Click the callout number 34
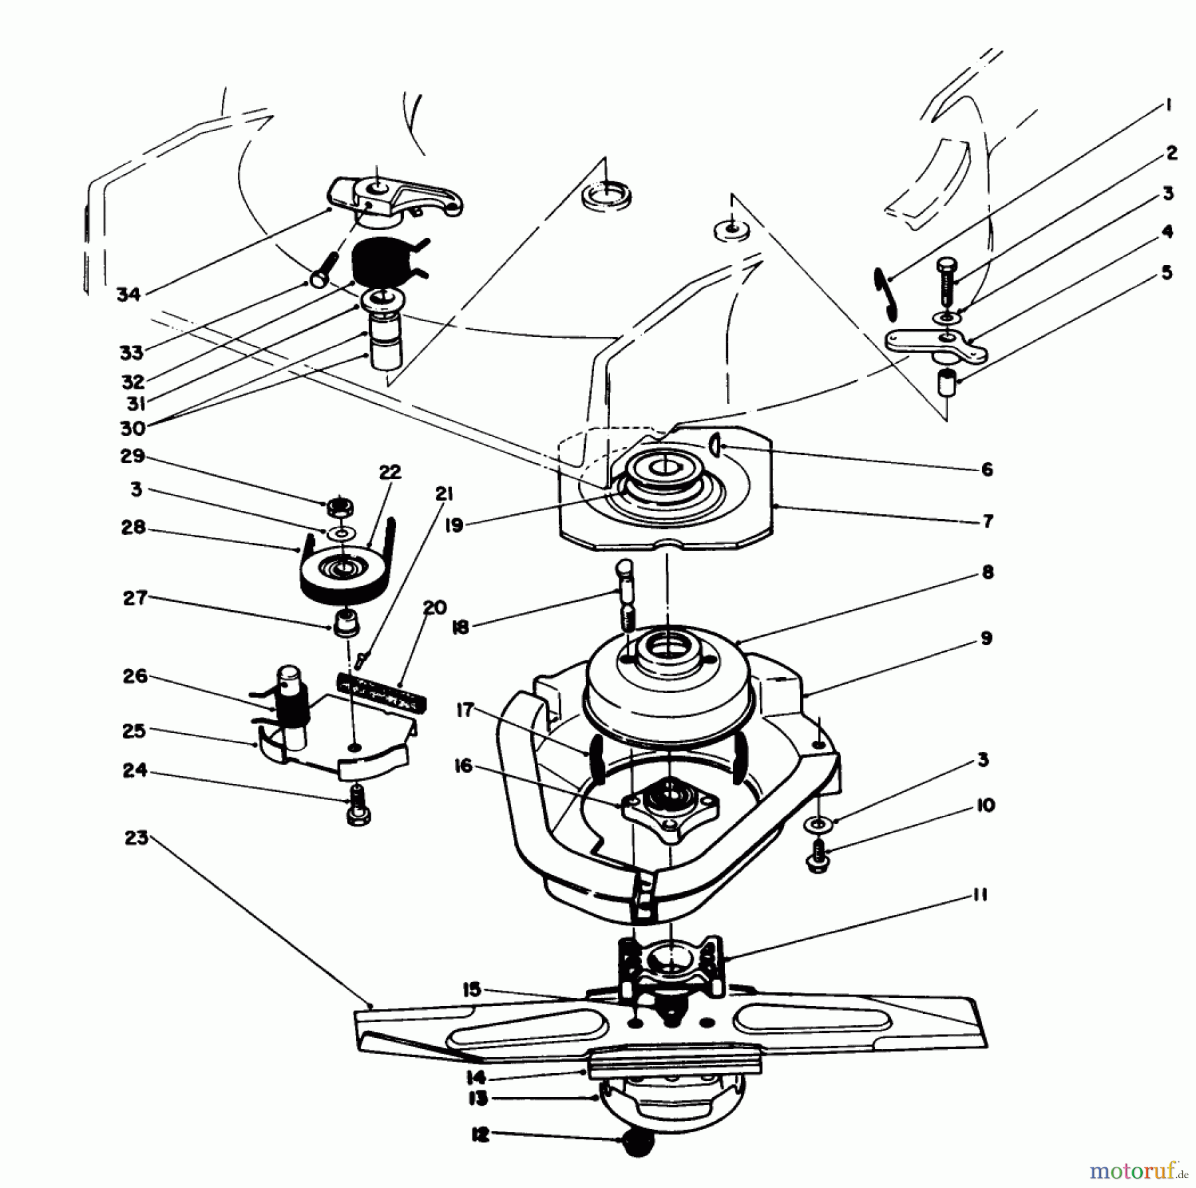coord(128,294)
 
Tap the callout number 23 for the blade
coord(136,839)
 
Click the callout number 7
coord(987,522)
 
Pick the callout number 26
coord(135,678)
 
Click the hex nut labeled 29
coord(340,508)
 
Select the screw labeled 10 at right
coord(819,856)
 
